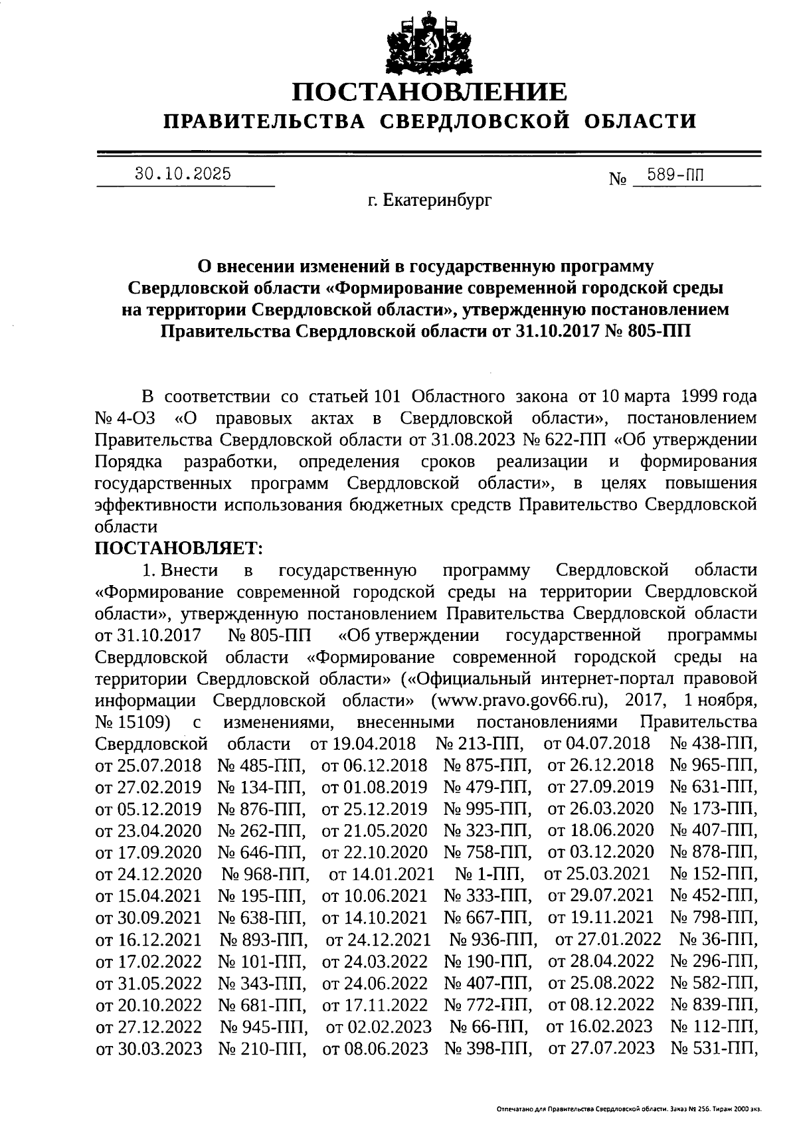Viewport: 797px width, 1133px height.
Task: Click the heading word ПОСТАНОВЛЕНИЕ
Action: (x=430, y=92)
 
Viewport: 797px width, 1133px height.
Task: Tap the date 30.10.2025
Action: (x=183, y=174)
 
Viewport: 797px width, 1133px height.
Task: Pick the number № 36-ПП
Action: (x=718, y=938)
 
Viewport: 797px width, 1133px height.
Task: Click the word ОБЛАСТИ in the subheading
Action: (x=641, y=121)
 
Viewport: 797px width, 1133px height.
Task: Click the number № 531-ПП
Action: (x=714, y=1047)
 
